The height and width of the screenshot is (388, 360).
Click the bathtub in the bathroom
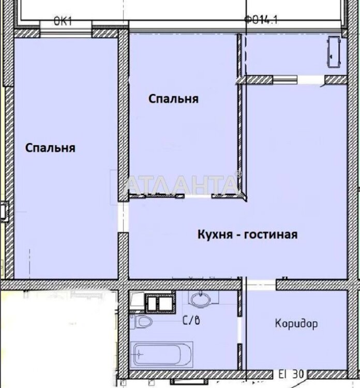tap(162, 354)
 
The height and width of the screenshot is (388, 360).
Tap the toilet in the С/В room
tap(142, 322)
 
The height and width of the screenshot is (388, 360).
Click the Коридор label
tap(296, 324)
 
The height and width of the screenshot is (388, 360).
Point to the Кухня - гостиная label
tap(247, 234)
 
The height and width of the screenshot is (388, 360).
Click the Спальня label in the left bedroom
tap(50, 148)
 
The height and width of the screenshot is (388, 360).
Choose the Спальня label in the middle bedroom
tap(173, 99)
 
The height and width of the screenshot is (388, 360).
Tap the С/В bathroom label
tap(191, 321)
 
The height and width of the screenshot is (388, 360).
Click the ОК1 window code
tap(63, 21)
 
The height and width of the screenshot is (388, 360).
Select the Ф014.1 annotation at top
tap(261, 20)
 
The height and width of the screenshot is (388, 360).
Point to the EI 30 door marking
tap(291, 374)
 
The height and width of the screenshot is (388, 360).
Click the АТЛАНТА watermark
tap(183, 184)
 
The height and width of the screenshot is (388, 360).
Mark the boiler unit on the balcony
tap(334, 52)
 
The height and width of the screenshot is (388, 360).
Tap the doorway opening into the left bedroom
tap(123, 217)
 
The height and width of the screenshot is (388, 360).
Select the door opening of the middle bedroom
tap(198, 196)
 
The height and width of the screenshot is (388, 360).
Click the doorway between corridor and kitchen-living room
tap(261, 285)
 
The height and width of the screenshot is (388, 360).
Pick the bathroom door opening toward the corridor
tap(239, 330)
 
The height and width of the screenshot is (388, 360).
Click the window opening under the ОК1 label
tap(66, 34)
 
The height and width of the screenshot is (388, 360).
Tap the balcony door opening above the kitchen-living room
tap(311, 80)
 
